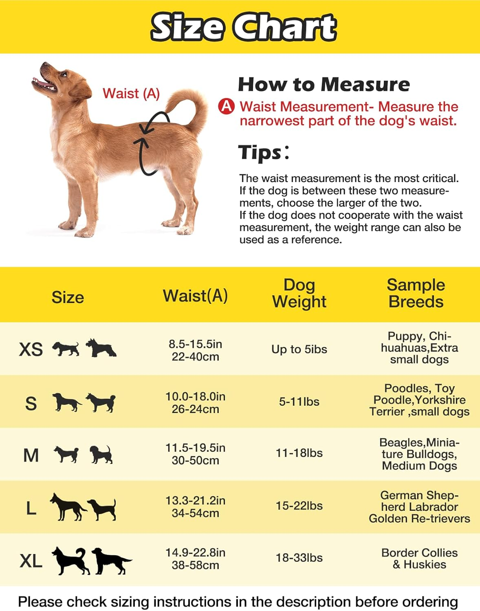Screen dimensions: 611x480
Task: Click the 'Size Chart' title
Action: click(244, 27)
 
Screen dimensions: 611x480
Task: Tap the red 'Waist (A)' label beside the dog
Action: click(131, 93)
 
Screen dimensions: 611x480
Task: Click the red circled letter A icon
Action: click(227, 106)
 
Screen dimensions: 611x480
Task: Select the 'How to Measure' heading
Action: click(324, 84)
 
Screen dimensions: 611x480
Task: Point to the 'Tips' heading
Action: click(261, 152)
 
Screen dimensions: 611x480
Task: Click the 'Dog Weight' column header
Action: click(299, 293)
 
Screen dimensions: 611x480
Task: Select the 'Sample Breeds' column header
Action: click(416, 293)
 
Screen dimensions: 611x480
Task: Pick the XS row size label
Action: click(31, 349)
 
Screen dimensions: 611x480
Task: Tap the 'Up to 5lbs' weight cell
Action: click(299, 349)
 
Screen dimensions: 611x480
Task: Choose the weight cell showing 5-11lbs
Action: click(299, 402)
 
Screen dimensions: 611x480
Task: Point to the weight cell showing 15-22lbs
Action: click(299, 506)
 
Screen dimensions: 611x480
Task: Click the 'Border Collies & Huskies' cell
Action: click(419, 558)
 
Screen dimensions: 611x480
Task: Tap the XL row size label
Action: click(31, 561)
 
